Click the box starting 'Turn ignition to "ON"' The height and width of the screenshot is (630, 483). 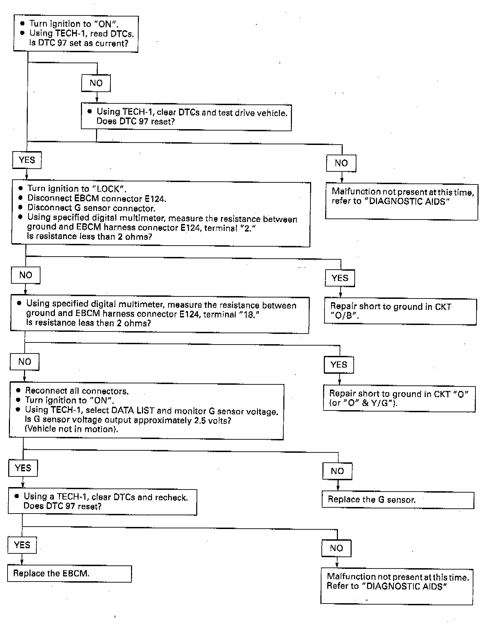(x=76, y=34)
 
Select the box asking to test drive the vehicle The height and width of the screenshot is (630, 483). (x=186, y=117)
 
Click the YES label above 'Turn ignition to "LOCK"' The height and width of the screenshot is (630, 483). (x=27, y=160)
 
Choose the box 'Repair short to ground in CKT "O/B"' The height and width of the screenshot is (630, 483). (x=400, y=311)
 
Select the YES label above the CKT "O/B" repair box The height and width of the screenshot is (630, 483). (x=340, y=278)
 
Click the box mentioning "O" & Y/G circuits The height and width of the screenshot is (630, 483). (x=399, y=398)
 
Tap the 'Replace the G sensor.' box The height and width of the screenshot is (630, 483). (x=398, y=500)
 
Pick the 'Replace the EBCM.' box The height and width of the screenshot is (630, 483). (x=69, y=574)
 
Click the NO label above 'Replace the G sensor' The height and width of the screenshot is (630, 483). (x=337, y=471)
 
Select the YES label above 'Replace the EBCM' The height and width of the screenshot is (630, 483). (x=22, y=545)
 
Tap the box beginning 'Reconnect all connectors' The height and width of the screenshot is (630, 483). (x=146, y=411)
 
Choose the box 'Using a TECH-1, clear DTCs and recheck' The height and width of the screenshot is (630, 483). (x=102, y=502)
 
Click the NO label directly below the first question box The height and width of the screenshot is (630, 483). (x=96, y=83)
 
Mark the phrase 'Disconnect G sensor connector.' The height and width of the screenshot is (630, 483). (x=91, y=208)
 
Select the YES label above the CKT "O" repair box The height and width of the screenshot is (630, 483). (x=339, y=364)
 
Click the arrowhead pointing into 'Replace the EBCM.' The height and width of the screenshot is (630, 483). (x=22, y=563)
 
